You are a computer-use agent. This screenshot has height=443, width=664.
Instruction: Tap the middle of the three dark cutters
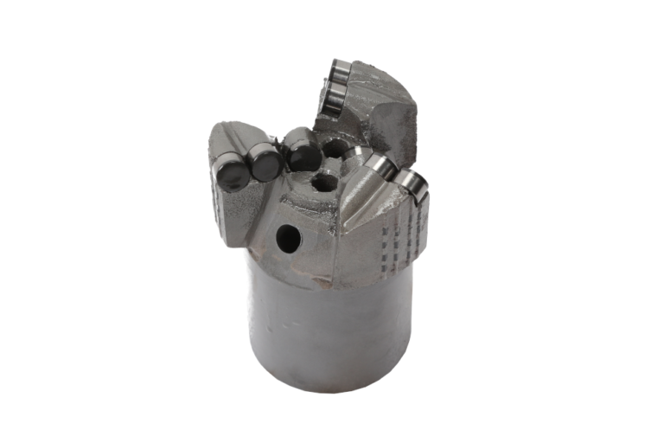coord(264,162)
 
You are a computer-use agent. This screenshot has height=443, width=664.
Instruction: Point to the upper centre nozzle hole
coord(334,149)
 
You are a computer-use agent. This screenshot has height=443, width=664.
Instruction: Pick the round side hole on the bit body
coord(288,239)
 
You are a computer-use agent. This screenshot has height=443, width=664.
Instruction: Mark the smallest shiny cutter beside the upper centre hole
coord(355,156)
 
